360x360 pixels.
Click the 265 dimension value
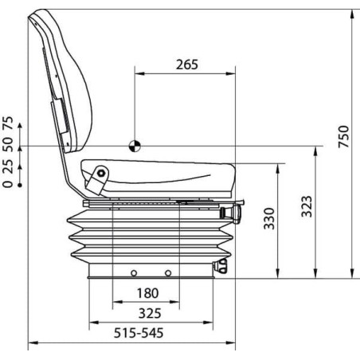coord(187,65)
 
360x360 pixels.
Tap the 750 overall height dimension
coord(343,136)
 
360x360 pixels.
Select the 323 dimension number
coord(307,206)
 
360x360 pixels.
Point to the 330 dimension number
coord(269,218)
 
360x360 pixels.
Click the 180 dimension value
coord(148,293)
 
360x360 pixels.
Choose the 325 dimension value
coord(150,313)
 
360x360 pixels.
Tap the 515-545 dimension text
coord(139,333)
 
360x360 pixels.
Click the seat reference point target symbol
coord(135,146)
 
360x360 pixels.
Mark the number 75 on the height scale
coord(8,123)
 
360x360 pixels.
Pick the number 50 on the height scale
coord(8,145)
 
